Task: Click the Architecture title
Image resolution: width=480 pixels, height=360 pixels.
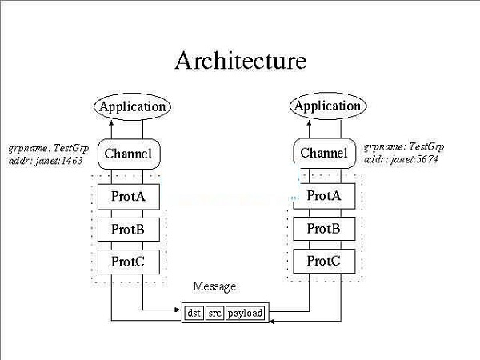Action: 240,61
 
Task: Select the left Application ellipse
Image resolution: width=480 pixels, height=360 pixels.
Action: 132,106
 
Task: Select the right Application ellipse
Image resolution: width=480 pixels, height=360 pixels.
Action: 327,106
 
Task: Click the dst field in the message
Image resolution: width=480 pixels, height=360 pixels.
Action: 194,314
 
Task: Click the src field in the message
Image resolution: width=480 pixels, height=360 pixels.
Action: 214,314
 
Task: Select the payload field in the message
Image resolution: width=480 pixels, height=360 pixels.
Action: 245,314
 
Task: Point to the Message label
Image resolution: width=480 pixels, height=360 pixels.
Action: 214,286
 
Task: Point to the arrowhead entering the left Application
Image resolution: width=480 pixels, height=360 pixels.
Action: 112,121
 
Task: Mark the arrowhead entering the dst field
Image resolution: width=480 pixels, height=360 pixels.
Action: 180,310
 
